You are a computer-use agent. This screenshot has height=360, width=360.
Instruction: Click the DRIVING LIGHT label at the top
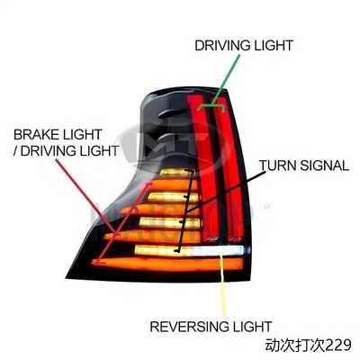click(244, 46)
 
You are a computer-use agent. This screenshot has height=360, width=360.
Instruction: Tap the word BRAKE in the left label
click(36, 134)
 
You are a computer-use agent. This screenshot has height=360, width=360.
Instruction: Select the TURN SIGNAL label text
click(304, 166)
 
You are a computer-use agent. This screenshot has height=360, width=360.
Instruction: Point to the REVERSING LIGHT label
click(211, 327)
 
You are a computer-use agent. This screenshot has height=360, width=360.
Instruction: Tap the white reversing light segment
click(218, 251)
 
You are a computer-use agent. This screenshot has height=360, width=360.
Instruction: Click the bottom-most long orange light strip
click(167, 264)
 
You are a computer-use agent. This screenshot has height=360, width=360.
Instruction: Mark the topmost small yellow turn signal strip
click(177, 172)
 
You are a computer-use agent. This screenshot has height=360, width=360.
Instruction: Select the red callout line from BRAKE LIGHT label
click(86, 196)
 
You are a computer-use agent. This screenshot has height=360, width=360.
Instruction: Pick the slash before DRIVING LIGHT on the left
click(15, 150)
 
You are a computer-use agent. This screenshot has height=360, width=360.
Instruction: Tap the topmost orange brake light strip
click(173, 184)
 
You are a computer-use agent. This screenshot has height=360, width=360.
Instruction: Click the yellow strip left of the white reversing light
click(163, 250)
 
